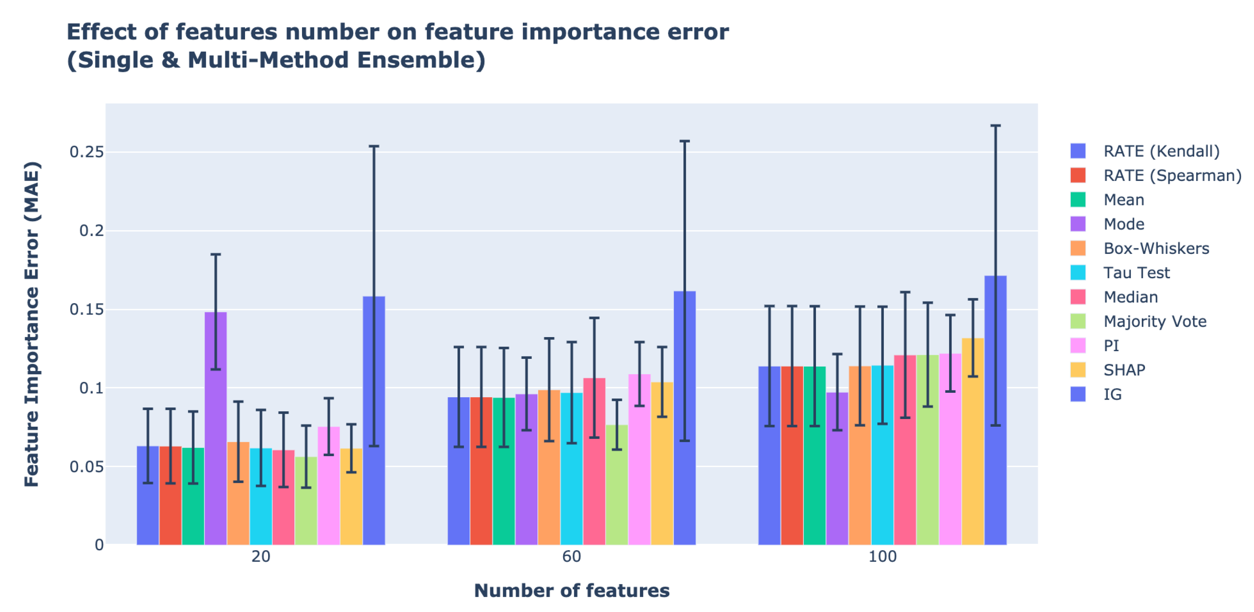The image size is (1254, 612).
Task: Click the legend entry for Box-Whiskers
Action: pos(1156,248)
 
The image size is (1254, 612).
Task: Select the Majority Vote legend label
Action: pos(1155,321)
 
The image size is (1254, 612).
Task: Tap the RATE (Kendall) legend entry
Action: pos(1161,151)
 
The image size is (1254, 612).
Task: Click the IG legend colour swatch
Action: pos(1078,394)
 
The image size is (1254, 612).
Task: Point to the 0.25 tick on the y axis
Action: pos(87,152)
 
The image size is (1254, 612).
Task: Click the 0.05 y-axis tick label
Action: pos(87,466)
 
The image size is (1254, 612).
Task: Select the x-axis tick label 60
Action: pos(572,557)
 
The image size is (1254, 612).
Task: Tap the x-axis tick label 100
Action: pos(882,557)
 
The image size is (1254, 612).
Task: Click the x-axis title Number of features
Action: pos(572,591)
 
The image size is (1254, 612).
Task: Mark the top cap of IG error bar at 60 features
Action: pos(684,141)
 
